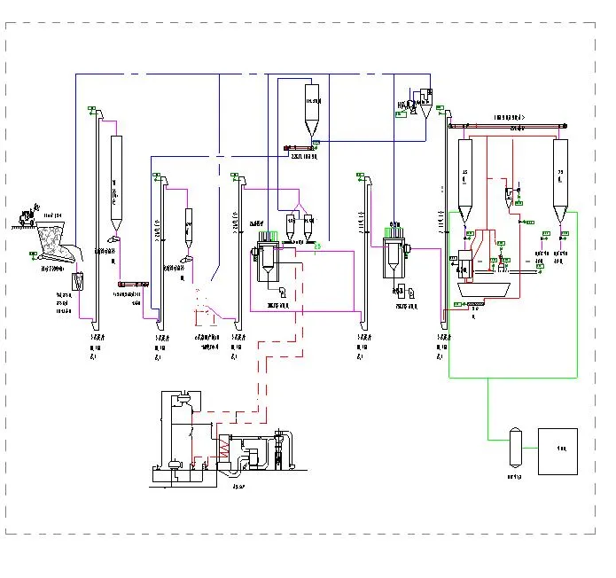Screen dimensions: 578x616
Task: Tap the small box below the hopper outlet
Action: click(x=79, y=283)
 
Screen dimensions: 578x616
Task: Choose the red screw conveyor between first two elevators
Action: click(x=131, y=284)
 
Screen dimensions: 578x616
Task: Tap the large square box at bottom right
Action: click(x=558, y=451)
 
